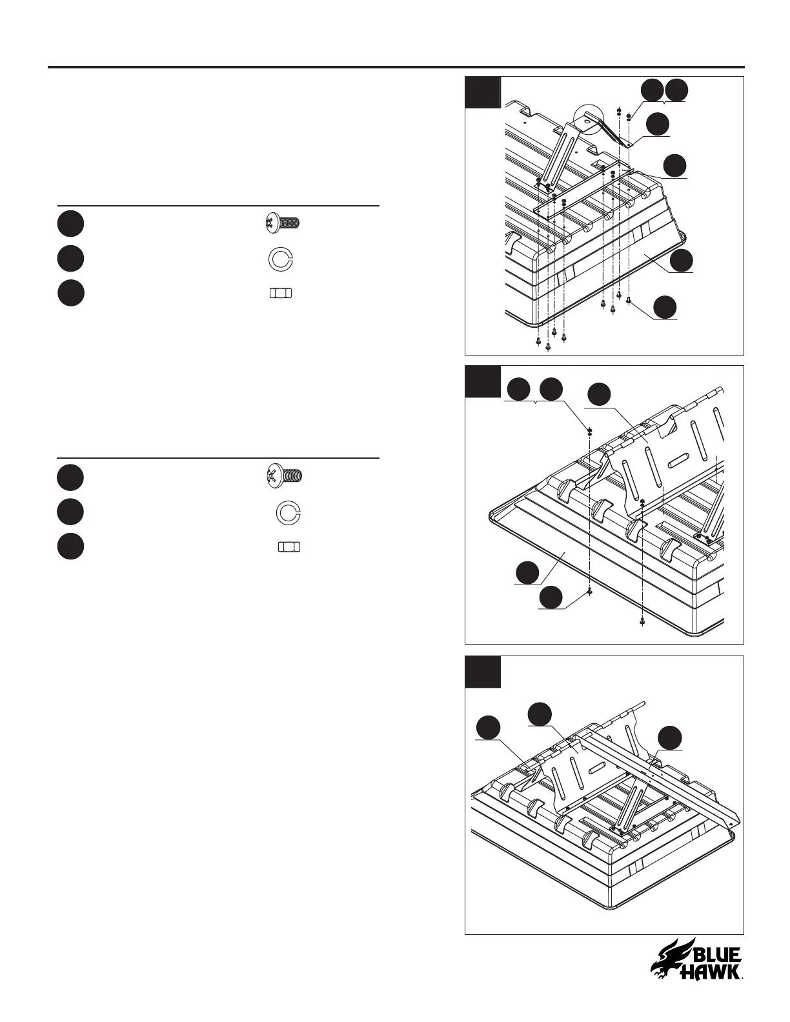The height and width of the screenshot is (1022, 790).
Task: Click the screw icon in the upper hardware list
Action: click(282, 223)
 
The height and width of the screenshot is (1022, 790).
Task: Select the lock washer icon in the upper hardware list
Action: click(280, 259)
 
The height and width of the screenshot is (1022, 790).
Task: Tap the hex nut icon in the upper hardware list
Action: click(279, 293)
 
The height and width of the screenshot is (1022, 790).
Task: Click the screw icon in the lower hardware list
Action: click(285, 477)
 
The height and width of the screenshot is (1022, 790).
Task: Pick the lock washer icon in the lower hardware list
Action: click(288, 512)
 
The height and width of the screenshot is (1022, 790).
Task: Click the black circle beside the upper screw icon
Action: click(70, 223)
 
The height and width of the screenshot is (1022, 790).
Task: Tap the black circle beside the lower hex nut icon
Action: click(70, 547)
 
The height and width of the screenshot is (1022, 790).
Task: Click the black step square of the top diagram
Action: click(483, 92)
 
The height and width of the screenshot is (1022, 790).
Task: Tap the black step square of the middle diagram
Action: click(483, 381)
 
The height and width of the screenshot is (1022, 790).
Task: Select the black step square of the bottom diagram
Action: click(483, 672)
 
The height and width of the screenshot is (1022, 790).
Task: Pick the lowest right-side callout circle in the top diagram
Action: click(665, 307)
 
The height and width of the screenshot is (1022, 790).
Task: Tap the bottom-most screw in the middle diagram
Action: click(642, 621)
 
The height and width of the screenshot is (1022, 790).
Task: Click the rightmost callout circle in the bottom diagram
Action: click(669, 738)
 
